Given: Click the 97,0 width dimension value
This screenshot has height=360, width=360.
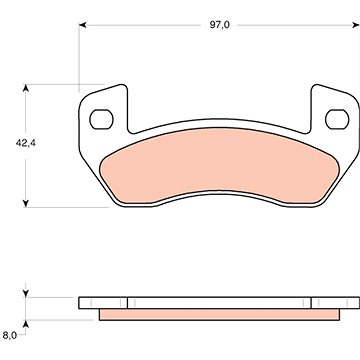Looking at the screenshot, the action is pyautogui.click(x=219, y=25).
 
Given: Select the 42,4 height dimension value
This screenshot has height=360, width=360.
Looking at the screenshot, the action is pyautogui.click(x=26, y=143).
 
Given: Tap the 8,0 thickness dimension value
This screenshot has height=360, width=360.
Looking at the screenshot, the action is pyautogui.click(x=10, y=335).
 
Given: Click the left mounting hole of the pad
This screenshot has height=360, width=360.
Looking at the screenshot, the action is pyautogui.click(x=101, y=119).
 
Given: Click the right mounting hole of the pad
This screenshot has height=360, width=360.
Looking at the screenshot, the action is pyautogui.click(x=337, y=119).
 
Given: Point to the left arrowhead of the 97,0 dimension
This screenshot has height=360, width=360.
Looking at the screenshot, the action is pyautogui.click(x=83, y=25).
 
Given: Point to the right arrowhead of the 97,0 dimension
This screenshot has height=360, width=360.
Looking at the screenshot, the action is pyautogui.click(x=355, y=25).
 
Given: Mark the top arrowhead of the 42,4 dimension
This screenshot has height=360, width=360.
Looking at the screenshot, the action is pyautogui.click(x=26, y=88).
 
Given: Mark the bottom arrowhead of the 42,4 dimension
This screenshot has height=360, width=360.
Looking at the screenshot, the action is pyautogui.click(x=26, y=203).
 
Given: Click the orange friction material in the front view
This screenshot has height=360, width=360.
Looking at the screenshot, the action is pyautogui.click(x=220, y=163).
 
